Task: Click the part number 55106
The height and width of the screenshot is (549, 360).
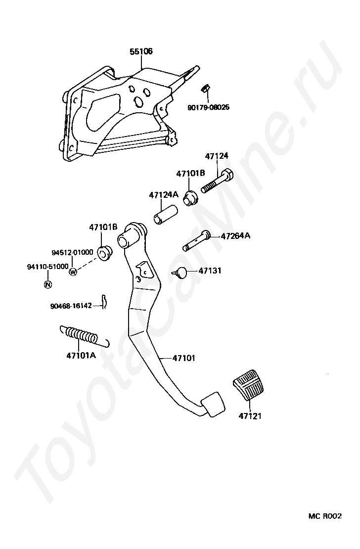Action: tap(141, 51)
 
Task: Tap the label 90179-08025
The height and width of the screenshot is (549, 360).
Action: tap(208, 107)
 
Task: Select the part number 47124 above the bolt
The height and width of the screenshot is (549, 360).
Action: tap(217, 156)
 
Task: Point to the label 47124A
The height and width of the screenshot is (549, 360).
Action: tap(163, 195)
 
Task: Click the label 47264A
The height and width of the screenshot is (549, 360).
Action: tap(235, 236)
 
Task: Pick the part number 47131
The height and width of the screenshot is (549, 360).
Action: tap(210, 271)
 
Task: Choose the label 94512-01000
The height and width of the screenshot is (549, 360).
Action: tap(72, 252)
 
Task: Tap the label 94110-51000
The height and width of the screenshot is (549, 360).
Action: tap(47, 267)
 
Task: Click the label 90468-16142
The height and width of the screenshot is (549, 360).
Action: tap(71, 306)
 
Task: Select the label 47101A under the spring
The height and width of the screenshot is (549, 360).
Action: tap(81, 355)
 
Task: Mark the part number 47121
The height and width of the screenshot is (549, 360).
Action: tap(250, 416)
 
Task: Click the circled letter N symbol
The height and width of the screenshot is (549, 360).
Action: tap(47, 284)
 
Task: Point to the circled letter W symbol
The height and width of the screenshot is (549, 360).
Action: tap(73, 272)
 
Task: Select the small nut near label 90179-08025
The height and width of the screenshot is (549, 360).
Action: tap(205, 89)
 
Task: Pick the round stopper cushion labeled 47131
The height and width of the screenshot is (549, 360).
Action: tap(181, 272)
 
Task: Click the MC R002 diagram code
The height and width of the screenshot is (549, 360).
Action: tap(325, 516)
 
